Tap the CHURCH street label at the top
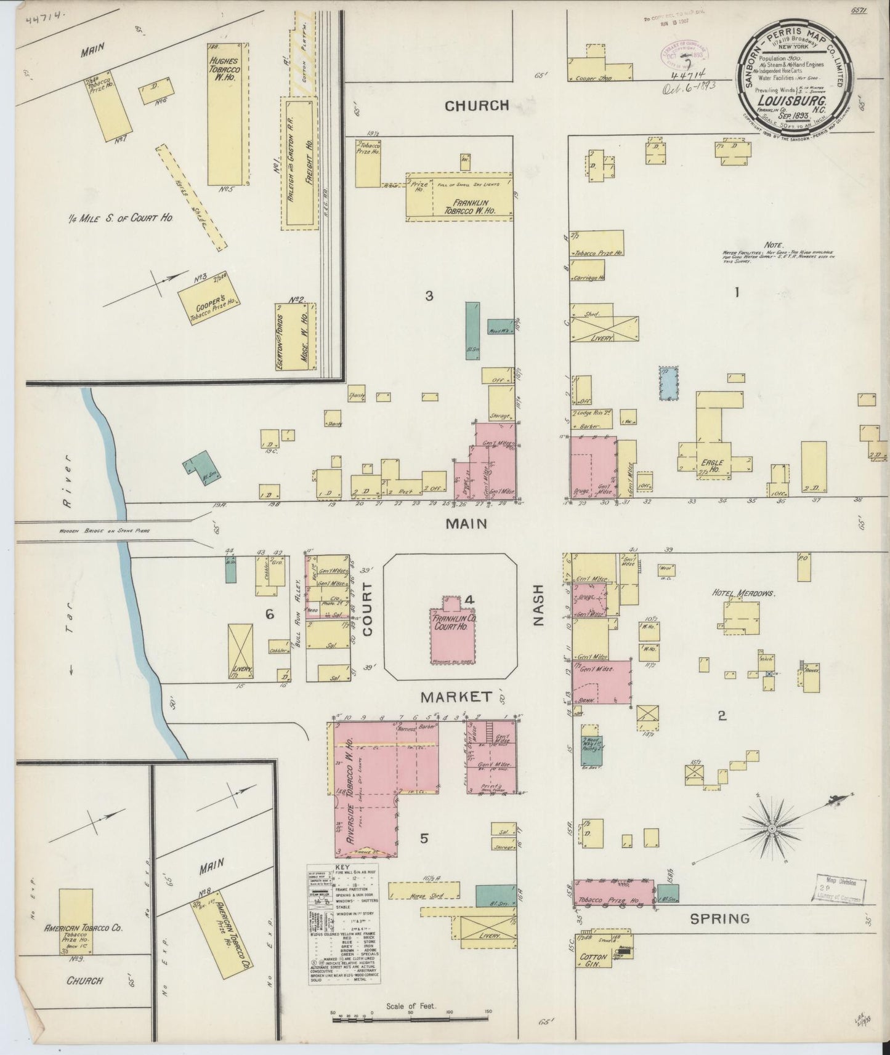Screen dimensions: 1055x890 (x=477, y=106)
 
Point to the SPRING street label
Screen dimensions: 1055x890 (x=719, y=919)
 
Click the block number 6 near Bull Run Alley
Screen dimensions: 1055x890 (x=269, y=614)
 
